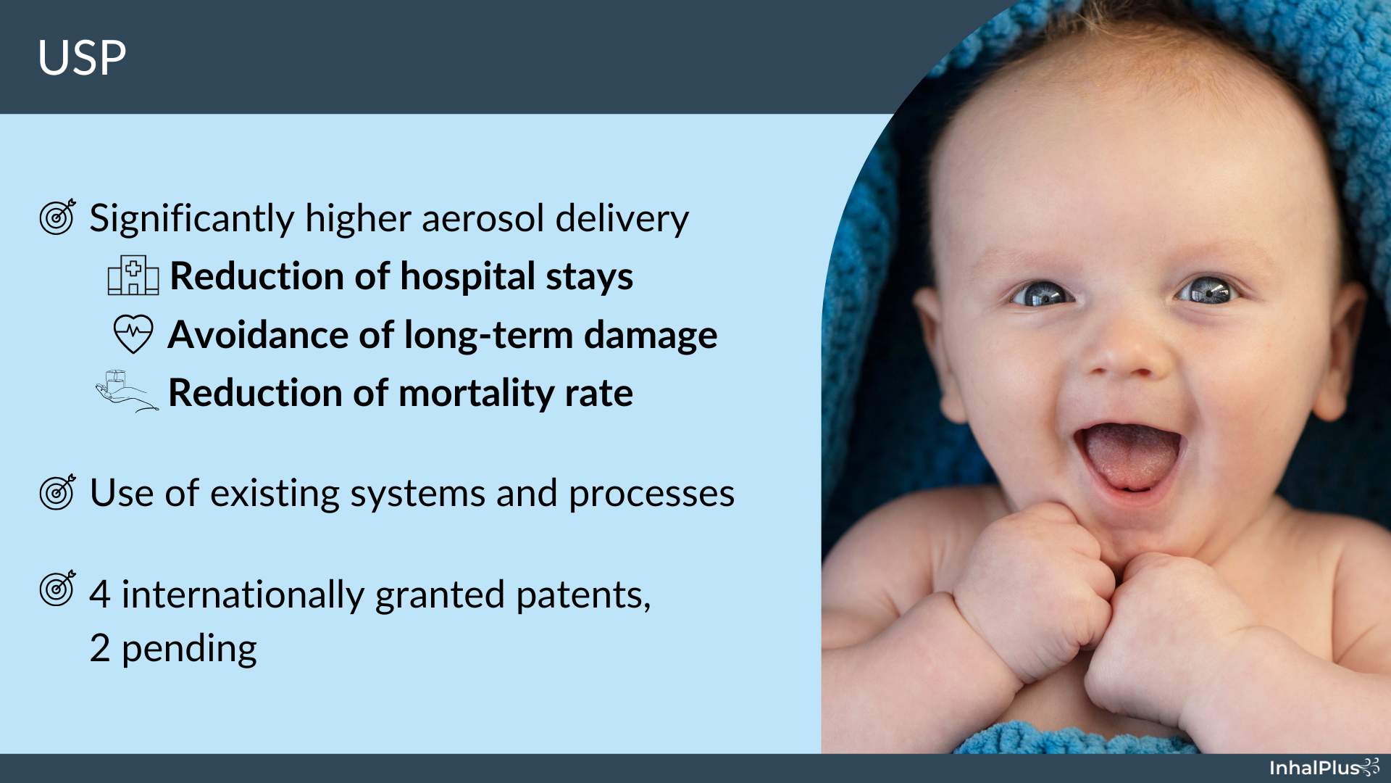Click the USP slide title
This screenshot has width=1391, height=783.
coord(82,58)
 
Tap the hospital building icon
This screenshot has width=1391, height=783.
coord(133,275)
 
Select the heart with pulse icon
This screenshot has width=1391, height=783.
coord(133,334)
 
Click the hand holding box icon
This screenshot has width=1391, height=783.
coord(127,391)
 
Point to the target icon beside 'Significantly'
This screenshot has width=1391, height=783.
coord(58,216)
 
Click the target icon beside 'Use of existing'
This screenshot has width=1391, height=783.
coord(58,492)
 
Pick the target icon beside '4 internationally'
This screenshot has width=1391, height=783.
coord(58,588)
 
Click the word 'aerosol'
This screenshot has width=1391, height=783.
coord(483,218)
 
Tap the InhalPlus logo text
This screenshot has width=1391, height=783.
coord(1314,768)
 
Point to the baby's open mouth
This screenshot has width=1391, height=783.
coord(1129,458)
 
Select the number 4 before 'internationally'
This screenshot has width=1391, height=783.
coord(100,594)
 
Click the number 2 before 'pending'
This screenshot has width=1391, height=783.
coord(100,648)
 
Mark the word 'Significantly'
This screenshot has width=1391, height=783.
coord(192,220)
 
